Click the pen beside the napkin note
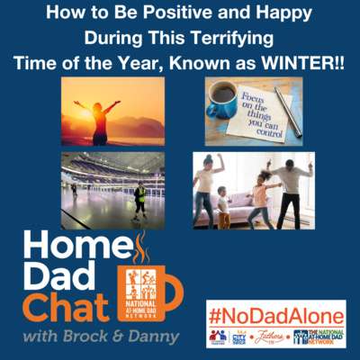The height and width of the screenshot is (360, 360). tap(288, 110)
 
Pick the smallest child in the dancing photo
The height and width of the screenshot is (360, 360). tap(223, 210)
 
